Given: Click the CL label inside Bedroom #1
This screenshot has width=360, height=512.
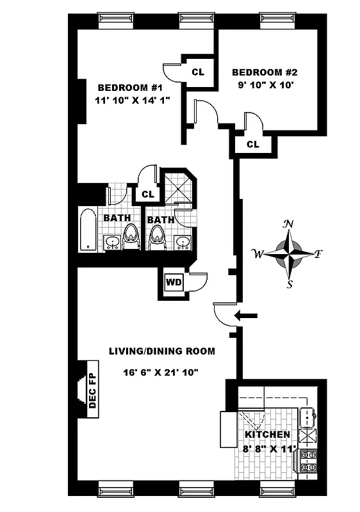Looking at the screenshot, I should click(198, 72).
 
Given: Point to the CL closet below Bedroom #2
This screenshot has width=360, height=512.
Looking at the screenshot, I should click(252, 145).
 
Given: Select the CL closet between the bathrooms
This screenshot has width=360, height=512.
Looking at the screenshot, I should click(147, 194).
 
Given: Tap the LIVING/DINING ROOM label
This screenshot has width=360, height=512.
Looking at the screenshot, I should click(161, 351).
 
